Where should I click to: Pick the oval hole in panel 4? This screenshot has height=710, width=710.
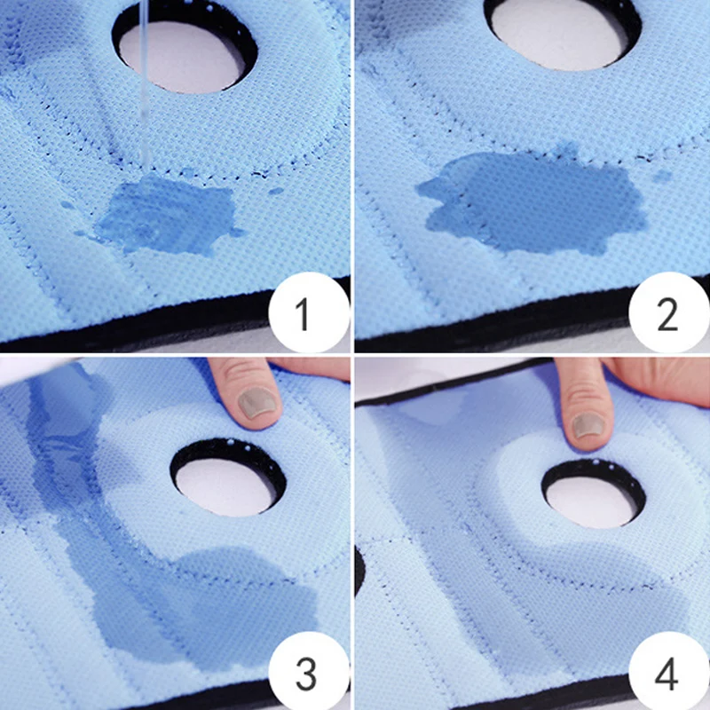tap(590, 493)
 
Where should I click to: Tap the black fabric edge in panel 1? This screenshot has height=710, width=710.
tap(177, 333)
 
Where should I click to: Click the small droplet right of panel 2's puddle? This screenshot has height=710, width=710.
tap(661, 176)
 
